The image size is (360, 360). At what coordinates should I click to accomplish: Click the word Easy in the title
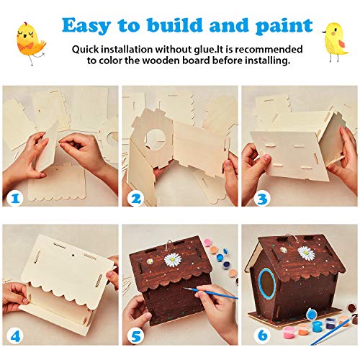tap(86, 26)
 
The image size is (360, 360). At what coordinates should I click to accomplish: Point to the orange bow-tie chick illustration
tap(30, 42)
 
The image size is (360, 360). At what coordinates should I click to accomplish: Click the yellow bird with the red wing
tap(335, 41)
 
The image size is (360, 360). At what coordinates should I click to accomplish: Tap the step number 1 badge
tap(16, 199)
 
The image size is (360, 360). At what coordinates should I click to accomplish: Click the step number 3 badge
tap(262, 199)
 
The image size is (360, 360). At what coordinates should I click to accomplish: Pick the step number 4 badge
tap(15, 336)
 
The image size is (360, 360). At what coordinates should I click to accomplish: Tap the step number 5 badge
tap(136, 336)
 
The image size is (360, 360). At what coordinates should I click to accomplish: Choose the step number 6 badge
tap(263, 335)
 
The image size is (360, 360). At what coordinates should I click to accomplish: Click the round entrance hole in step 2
tap(156, 140)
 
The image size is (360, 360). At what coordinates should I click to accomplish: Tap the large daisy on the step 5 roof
tap(174, 260)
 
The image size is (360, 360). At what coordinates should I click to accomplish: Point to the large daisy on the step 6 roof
tap(306, 253)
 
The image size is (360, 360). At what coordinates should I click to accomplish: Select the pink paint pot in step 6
tap(289, 333)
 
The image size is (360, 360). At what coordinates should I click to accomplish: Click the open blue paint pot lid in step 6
tap(312, 313)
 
